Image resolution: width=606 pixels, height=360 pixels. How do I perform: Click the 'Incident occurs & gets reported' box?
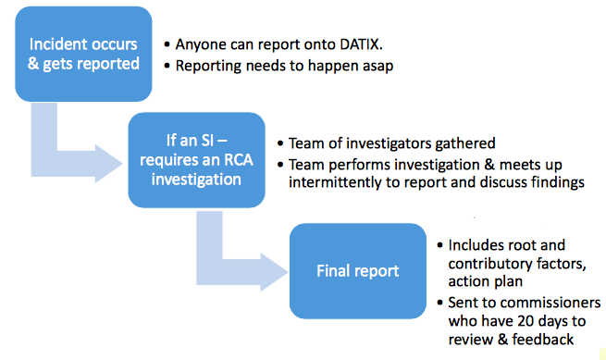tap(83, 54)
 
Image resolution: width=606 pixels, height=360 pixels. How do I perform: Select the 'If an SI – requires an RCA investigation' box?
tap(197, 160)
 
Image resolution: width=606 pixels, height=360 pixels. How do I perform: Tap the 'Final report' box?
tap(358, 271)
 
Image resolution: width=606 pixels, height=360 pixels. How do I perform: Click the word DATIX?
tap(361, 44)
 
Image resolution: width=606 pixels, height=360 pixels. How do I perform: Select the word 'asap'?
tap(377, 67)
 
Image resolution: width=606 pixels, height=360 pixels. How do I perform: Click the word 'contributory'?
tap(485, 264)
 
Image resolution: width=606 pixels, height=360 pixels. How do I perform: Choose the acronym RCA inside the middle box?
tap(238, 160)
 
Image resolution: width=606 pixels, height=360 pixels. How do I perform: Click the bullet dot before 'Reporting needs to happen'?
tap(167, 66)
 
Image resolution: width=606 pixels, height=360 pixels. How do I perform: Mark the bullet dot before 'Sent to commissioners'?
tap(439, 303)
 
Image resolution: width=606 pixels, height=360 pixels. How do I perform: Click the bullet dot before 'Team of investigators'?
tap(280, 143)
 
